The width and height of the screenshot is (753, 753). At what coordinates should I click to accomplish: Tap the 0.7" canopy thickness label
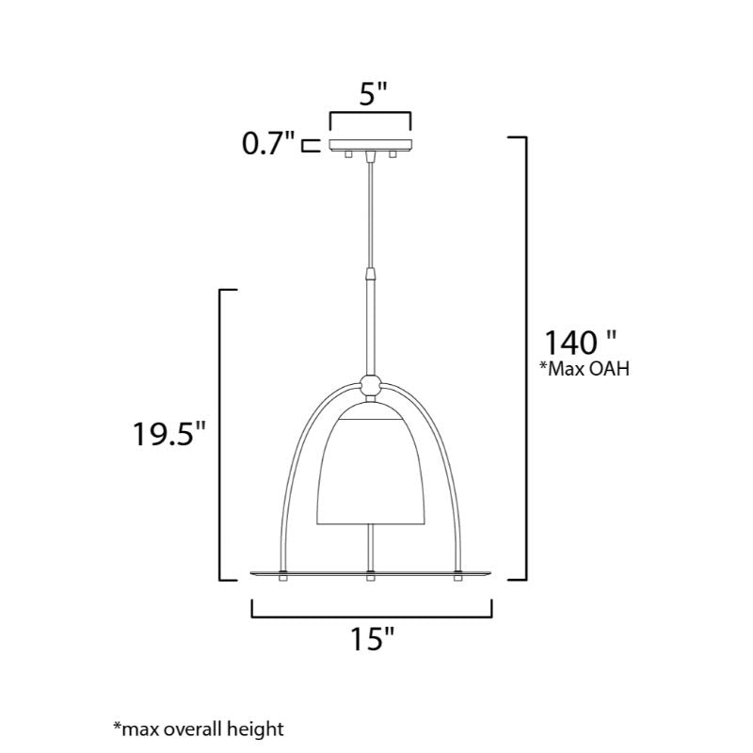[267, 143]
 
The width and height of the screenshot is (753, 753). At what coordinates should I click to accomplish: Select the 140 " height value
[579, 343]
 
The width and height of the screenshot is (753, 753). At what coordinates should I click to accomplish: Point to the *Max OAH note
[585, 369]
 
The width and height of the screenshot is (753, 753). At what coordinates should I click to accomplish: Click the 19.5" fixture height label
[168, 434]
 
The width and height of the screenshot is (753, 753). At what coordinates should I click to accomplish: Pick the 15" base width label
[372, 639]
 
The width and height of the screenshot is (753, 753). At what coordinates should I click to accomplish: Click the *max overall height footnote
[199, 729]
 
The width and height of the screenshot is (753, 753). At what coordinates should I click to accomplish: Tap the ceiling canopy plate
[370, 144]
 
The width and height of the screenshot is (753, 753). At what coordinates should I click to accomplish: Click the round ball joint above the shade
[370, 385]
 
